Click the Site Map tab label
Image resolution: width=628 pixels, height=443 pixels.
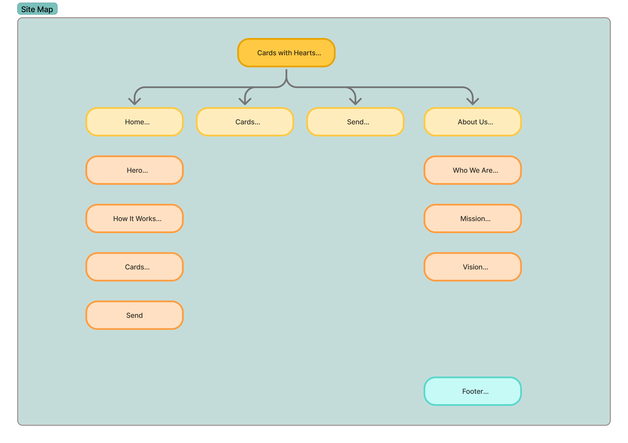click(37, 9)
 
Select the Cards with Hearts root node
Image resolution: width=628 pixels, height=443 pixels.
click(286, 53)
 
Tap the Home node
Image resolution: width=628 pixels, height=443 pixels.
click(134, 122)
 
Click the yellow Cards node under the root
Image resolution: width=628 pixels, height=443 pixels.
click(245, 122)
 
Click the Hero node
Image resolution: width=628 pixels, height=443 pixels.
click(134, 170)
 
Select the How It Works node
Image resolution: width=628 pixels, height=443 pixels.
click(134, 218)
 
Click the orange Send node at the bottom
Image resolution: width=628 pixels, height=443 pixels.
click(134, 315)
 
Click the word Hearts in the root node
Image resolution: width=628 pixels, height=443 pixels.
click(305, 53)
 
